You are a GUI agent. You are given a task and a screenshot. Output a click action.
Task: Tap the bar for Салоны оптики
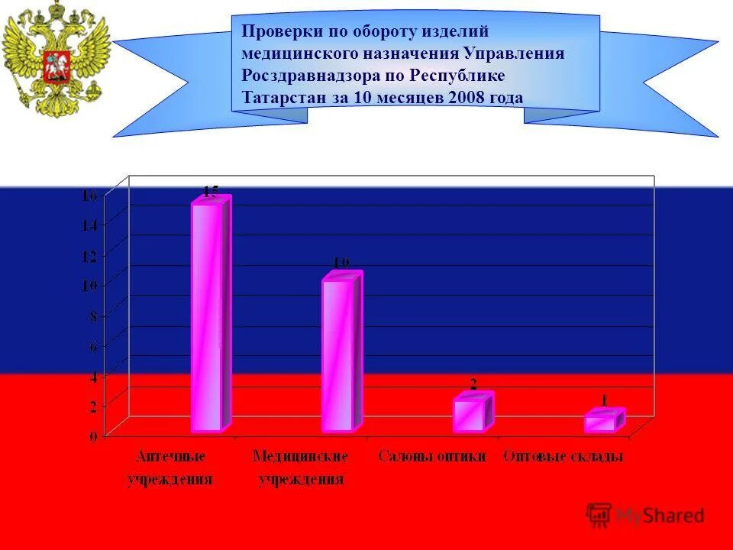pyautogui.click(x=470, y=414)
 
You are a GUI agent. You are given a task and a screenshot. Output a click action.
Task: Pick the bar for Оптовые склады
pyautogui.click(x=601, y=422)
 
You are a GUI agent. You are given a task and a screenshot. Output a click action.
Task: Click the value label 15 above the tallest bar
pyautogui.click(x=210, y=190)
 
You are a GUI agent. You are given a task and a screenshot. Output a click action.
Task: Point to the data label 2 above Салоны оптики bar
pyautogui.click(x=473, y=384)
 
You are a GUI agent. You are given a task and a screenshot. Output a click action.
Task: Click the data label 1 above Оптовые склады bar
pyautogui.click(x=603, y=400)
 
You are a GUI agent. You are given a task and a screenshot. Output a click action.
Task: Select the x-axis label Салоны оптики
pyautogui.click(x=432, y=457)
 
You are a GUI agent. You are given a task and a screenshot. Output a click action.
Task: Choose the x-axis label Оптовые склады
pyautogui.click(x=563, y=457)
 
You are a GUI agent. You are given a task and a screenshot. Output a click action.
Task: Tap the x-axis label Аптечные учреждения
pyautogui.click(x=170, y=467)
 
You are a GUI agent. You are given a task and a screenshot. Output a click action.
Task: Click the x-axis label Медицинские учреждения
pyautogui.click(x=301, y=467)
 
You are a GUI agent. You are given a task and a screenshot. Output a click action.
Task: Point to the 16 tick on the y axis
pyautogui.click(x=89, y=196)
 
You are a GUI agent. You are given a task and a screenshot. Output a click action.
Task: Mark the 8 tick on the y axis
pyautogui.click(x=93, y=315)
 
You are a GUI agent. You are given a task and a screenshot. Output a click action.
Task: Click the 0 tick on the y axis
pyautogui.click(x=93, y=436)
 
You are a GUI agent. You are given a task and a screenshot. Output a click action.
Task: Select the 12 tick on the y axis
pyautogui.click(x=89, y=255)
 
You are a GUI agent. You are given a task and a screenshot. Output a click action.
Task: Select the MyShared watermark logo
pyautogui.click(x=646, y=516)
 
